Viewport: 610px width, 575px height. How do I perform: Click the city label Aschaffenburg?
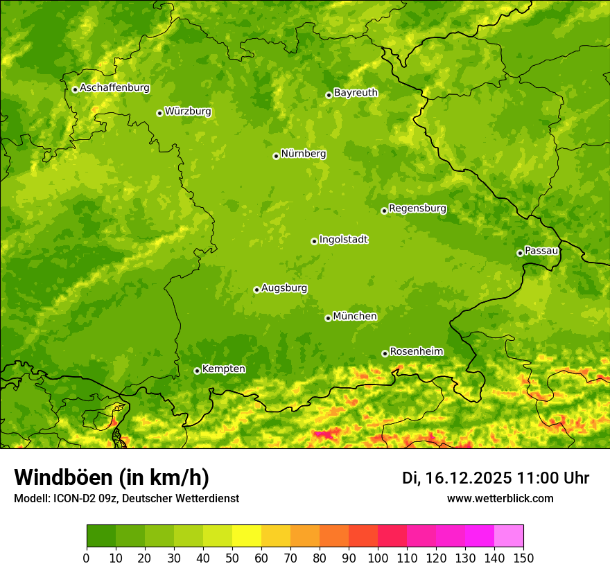click(x=114, y=88)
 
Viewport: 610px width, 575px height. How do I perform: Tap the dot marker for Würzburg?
click(x=159, y=113)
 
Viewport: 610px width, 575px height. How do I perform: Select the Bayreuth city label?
click(x=356, y=93)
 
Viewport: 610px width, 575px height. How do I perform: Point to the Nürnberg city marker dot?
click(x=276, y=156)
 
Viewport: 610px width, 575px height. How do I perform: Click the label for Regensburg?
click(x=417, y=209)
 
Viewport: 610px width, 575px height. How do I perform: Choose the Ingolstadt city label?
click(x=343, y=240)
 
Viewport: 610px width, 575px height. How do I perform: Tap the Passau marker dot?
click(x=520, y=253)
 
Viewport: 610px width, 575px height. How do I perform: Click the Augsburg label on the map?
click(x=284, y=288)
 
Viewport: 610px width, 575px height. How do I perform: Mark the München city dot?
click(x=328, y=318)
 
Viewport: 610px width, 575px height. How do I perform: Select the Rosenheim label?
click(x=416, y=352)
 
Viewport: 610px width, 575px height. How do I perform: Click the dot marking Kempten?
click(x=197, y=371)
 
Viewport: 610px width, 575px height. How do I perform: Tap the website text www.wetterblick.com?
click(x=500, y=498)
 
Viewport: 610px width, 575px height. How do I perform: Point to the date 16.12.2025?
click(x=468, y=478)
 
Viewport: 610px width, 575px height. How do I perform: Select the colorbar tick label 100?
click(x=378, y=558)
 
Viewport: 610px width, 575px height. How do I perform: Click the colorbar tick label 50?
click(x=232, y=558)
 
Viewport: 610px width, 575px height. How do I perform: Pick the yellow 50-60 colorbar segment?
click(x=247, y=536)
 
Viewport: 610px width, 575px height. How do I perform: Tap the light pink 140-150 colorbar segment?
click(x=509, y=536)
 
